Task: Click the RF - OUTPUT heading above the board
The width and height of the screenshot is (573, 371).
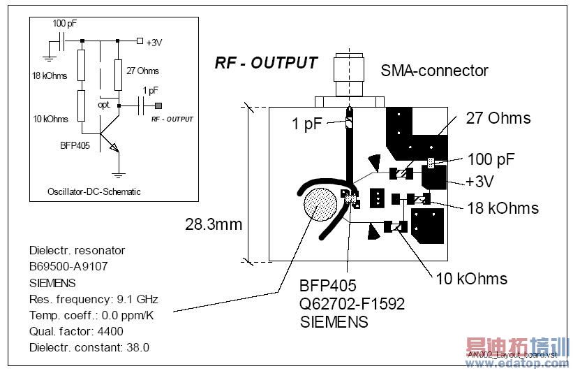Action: tap(266, 63)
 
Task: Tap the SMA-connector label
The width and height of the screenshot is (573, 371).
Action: tap(434, 71)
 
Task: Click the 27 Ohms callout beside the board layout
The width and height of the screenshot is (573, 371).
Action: tap(498, 118)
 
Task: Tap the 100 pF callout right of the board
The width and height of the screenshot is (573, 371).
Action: tap(491, 159)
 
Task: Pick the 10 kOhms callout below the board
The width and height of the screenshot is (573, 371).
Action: tap(471, 278)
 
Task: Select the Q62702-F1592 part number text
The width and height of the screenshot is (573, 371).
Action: tap(352, 304)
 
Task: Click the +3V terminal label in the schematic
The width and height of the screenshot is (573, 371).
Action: tap(154, 42)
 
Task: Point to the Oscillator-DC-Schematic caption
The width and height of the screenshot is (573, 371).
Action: tap(94, 191)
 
